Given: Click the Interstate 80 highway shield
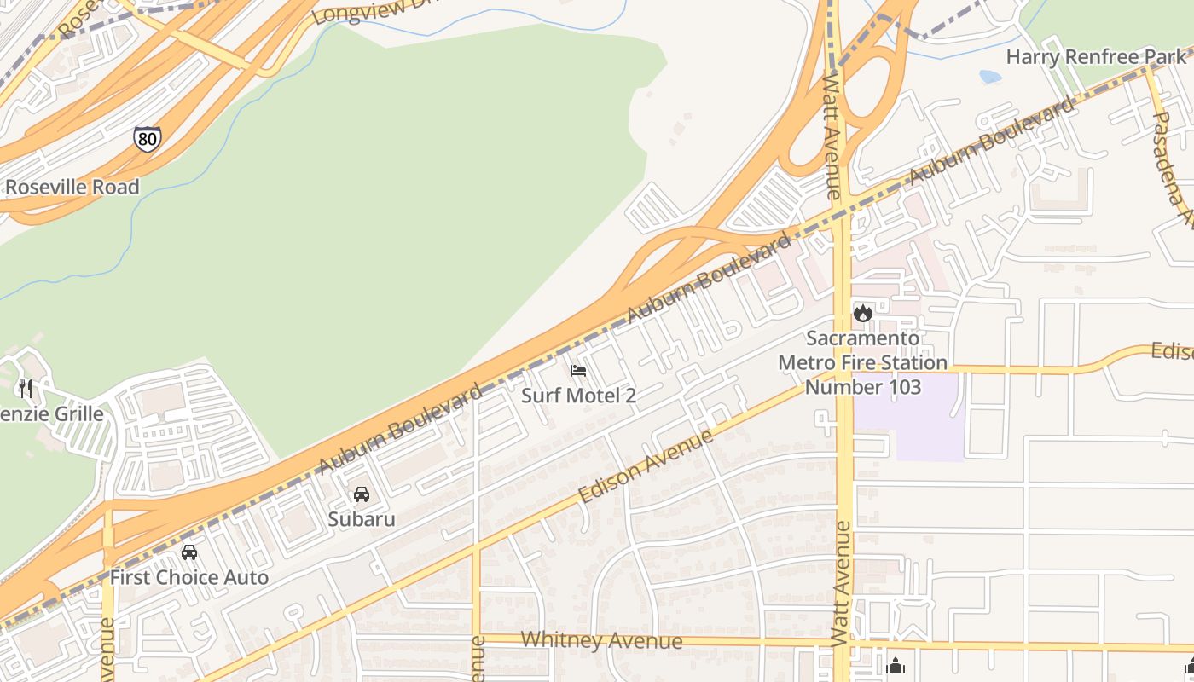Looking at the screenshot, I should click(x=147, y=138).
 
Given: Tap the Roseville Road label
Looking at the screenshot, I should click(x=72, y=187).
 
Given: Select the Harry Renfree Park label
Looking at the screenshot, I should click(x=1096, y=57).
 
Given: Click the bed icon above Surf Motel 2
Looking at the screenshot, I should click(x=578, y=371).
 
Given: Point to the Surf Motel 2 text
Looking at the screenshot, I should click(x=578, y=396).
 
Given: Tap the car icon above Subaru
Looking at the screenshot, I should click(x=362, y=494).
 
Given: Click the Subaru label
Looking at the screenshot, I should click(x=362, y=518).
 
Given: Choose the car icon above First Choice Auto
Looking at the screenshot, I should click(x=189, y=552).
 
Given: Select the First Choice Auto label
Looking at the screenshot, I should click(x=189, y=577).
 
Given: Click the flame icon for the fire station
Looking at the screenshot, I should click(x=863, y=313).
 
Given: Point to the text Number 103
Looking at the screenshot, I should click(x=863, y=387).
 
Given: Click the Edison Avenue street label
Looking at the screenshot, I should click(x=646, y=466).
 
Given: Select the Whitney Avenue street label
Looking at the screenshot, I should click(x=601, y=640).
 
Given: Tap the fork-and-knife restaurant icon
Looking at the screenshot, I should click(x=26, y=389).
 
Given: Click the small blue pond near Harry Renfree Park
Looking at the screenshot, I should click(x=990, y=77).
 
